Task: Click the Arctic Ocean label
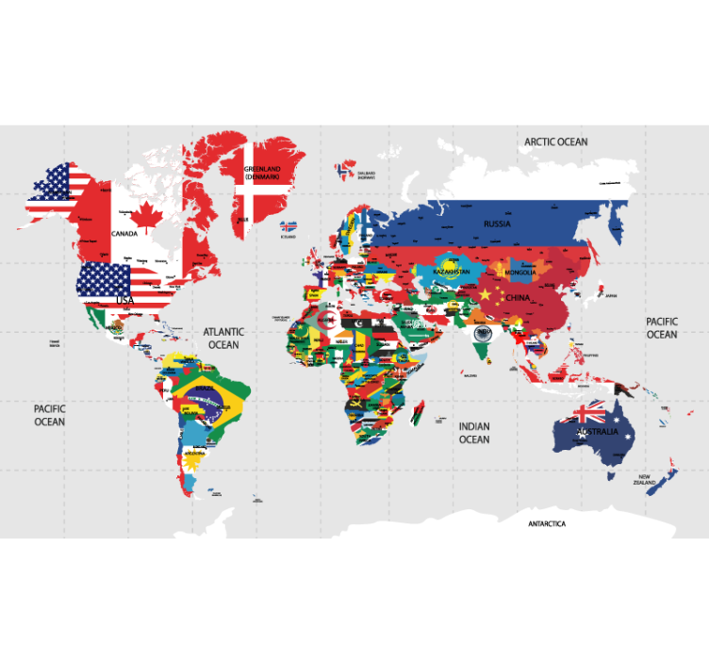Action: coord(556,141)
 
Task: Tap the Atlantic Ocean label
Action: coord(223,338)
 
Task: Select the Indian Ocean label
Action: coord(474,433)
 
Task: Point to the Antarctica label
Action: coord(547,523)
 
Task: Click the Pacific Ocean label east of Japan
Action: coord(661,327)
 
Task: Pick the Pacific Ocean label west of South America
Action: coord(49,415)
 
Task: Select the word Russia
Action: coord(497,224)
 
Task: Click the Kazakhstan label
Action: coord(451,272)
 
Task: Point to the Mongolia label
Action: coord(520,273)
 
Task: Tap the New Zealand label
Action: coord(645,479)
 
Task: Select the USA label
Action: coord(124,300)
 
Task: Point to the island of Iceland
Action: coord(289,227)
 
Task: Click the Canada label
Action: coord(124,233)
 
